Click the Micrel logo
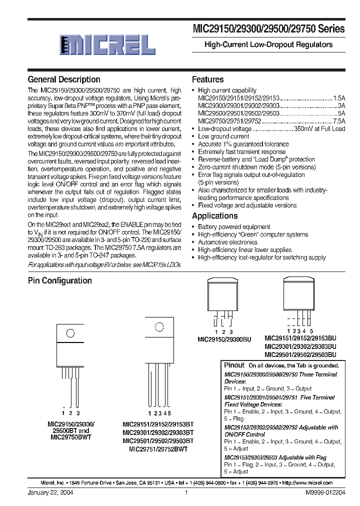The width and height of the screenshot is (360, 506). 107,45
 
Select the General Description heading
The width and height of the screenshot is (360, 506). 64,79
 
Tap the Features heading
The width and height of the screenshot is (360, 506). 207,79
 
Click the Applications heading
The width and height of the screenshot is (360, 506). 214,216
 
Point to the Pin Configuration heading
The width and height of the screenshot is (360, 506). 59,280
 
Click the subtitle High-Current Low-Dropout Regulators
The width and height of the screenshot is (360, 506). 268,44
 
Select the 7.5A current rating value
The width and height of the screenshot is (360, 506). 339,121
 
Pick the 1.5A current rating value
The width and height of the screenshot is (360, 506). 339,98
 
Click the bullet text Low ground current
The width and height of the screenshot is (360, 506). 223,136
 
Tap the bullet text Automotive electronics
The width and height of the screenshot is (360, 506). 227,242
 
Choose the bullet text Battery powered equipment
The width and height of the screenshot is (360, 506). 234,227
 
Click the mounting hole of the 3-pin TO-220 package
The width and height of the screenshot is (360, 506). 70,332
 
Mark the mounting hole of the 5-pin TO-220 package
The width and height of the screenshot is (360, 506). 159,328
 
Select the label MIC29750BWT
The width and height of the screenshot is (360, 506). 71,436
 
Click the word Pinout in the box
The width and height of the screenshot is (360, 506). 234,365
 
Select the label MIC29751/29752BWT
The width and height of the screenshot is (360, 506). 158,449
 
